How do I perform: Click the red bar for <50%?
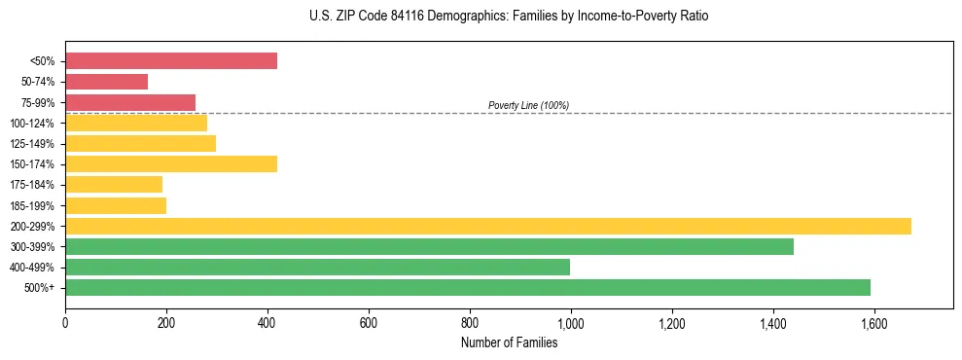pyautogui.click(x=171, y=61)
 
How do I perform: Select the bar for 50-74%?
pyautogui.click(x=107, y=82)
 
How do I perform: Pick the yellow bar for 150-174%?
pyautogui.click(x=171, y=163)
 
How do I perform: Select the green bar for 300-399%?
pyautogui.click(x=429, y=246)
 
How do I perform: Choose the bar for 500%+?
pyautogui.click(x=468, y=287)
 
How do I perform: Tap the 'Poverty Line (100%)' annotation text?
pyautogui.click(x=528, y=105)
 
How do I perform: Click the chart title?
pyautogui.click(x=481, y=17)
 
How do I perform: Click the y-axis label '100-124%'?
pyautogui.click(x=32, y=124)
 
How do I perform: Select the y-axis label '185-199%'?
pyautogui.click(x=32, y=205)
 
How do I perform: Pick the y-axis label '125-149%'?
pyautogui.click(x=32, y=144)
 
